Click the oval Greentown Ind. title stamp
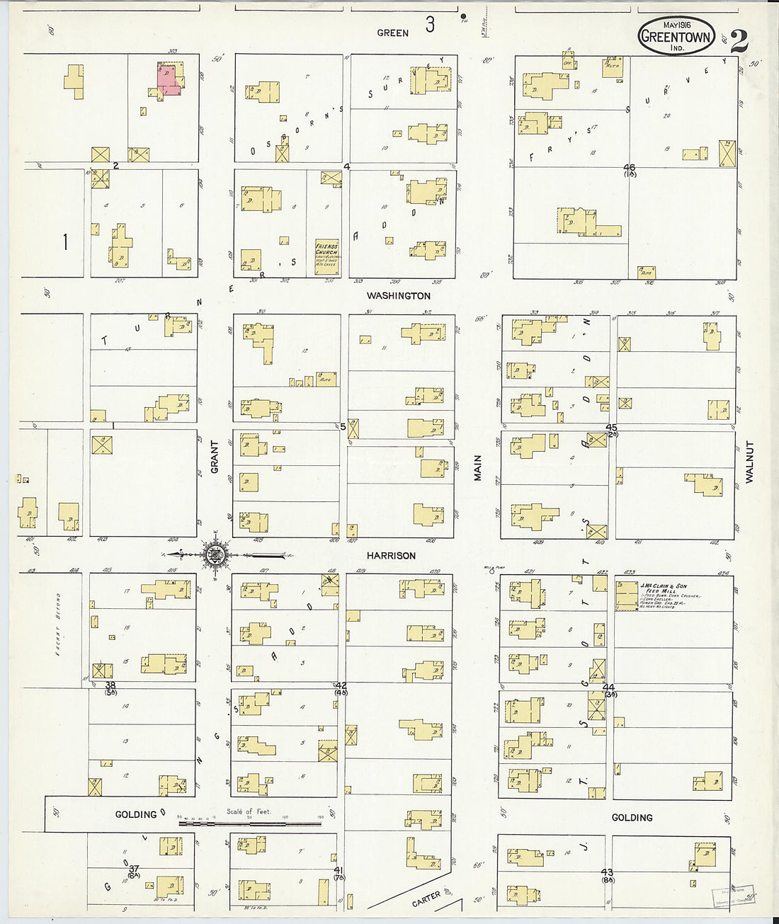(x=676, y=36)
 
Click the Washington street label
(x=398, y=296)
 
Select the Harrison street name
(x=391, y=556)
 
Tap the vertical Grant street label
(x=215, y=457)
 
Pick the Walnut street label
(x=749, y=462)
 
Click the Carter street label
(x=426, y=900)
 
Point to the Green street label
(x=392, y=33)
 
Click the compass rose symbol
(x=214, y=554)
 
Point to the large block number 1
(x=64, y=242)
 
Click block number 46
(x=629, y=168)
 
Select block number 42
(x=341, y=685)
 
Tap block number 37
(x=133, y=869)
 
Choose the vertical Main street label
(x=478, y=468)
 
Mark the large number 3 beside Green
(x=430, y=25)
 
